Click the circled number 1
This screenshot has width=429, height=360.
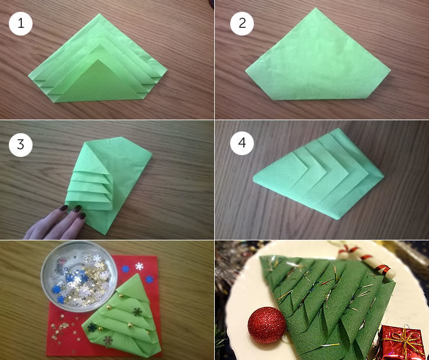(x=21, y=24)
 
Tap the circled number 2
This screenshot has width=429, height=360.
(x=242, y=24)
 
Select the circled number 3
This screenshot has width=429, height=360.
(x=21, y=145)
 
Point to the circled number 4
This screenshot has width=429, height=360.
(x=242, y=143)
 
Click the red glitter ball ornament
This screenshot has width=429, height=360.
(x=267, y=325)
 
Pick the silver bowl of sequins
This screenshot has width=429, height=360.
(x=79, y=276)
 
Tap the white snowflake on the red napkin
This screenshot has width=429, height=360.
(x=139, y=266)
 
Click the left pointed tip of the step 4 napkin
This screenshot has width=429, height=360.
(x=254, y=179)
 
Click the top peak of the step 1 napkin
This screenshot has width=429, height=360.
(x=99, y=14)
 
